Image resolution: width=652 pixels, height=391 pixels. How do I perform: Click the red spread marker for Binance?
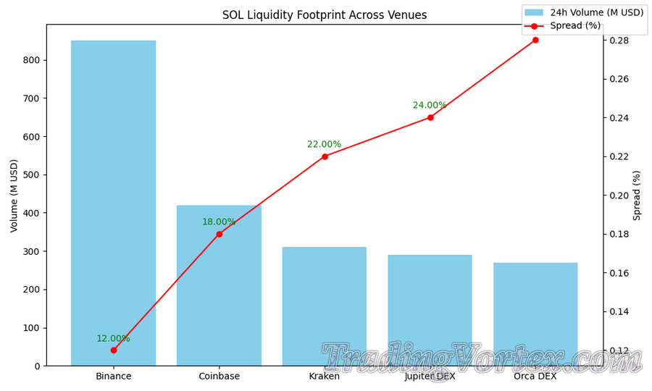[114, 350]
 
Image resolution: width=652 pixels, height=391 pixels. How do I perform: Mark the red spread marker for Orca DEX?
[535, 40]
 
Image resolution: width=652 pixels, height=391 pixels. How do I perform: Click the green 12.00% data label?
[113, 339]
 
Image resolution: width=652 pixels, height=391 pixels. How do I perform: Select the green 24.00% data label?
[430, 106]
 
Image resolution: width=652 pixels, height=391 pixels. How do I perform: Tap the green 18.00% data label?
[219, 222]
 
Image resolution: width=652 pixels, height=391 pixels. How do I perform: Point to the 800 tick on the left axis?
[30, 60]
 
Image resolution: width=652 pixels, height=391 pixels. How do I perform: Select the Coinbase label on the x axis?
[219, 377]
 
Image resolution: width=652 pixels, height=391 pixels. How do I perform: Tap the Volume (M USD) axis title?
[14, 195]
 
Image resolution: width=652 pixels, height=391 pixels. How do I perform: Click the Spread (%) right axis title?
[638, 195]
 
